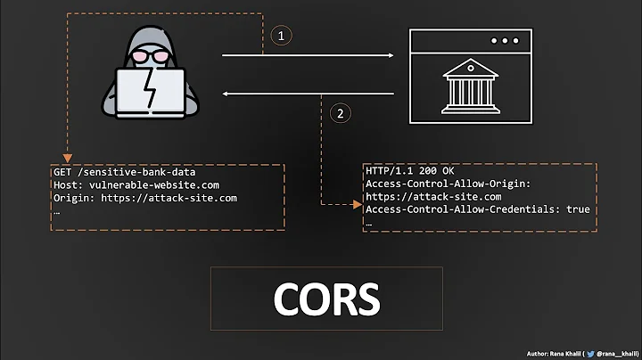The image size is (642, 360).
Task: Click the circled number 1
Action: click(x=282, y=37)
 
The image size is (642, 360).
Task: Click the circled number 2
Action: click(x=339, y=113)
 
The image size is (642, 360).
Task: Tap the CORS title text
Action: click(x=326, y=299)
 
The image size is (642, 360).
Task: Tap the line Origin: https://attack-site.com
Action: click(x=145, y=198)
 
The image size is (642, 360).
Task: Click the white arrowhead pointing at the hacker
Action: click(x=226, y=93)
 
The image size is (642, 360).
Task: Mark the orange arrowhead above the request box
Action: click(x=67, y=157)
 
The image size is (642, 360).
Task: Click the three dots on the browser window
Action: click(x=504, y=41)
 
